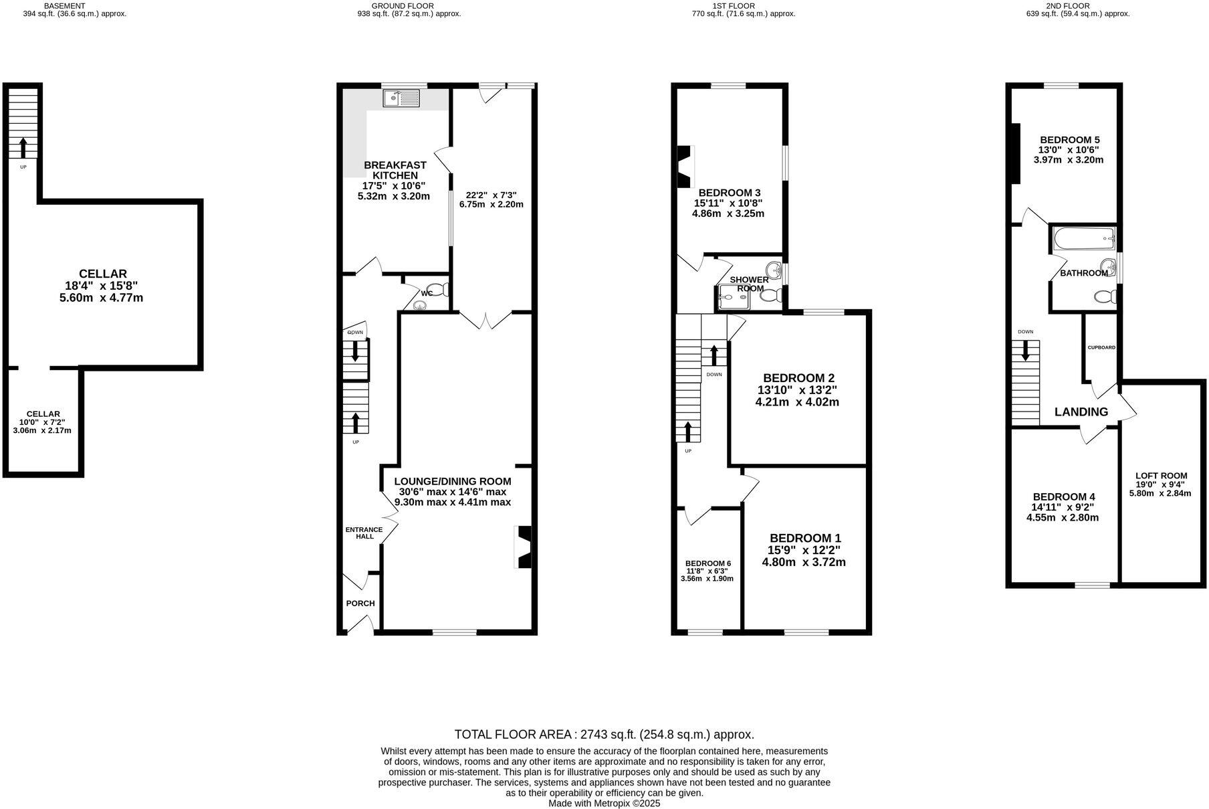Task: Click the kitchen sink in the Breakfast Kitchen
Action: (401, 99)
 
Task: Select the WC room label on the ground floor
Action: (427, 293)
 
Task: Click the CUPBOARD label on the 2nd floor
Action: (1101, 347)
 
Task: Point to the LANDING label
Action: (1081, 412)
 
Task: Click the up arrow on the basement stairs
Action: (23, 147)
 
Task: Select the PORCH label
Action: (360, 603)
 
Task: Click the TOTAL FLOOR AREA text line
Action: (604, 734)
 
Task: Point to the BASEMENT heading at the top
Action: (64, 6)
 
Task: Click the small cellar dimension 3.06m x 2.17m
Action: (41, 430)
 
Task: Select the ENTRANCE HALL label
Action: (364, 533)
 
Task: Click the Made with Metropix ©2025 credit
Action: (604, 803)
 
